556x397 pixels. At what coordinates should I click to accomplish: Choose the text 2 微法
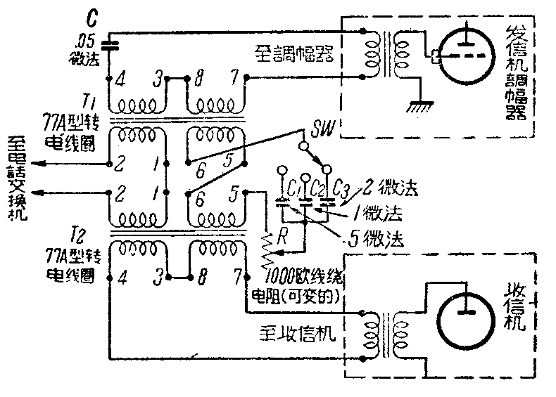tap(388, 188)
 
